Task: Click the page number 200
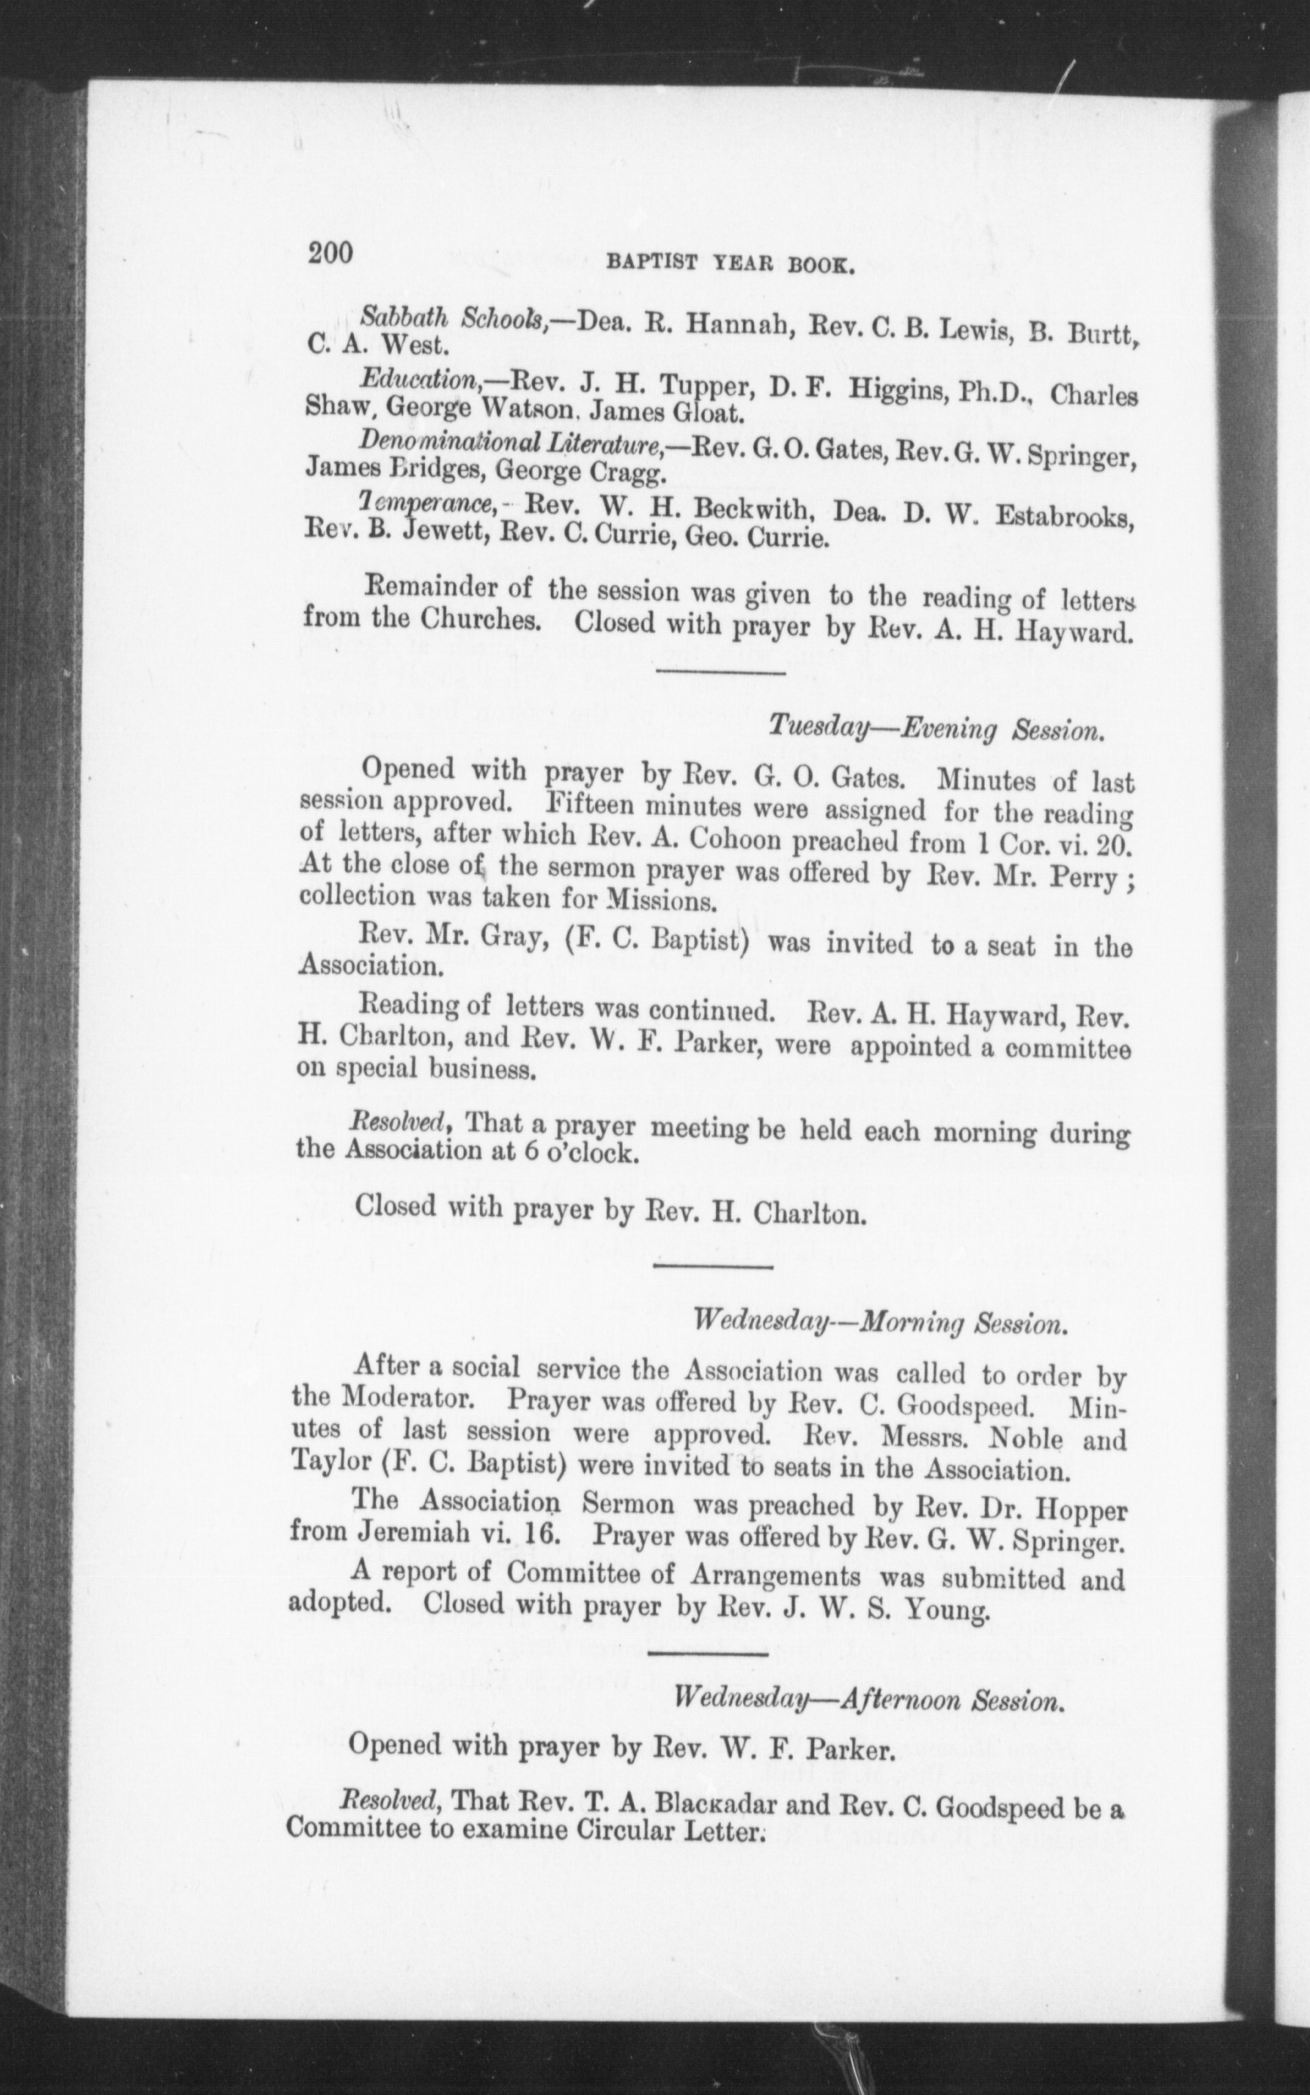pyautogui.click(x=330, y=253)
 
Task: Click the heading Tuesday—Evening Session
pyautogui.click(x=936, y=730)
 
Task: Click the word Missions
pyautogui.click(x=660, y=902)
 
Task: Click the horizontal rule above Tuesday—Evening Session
pyautogui.click(x=721, y=671)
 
